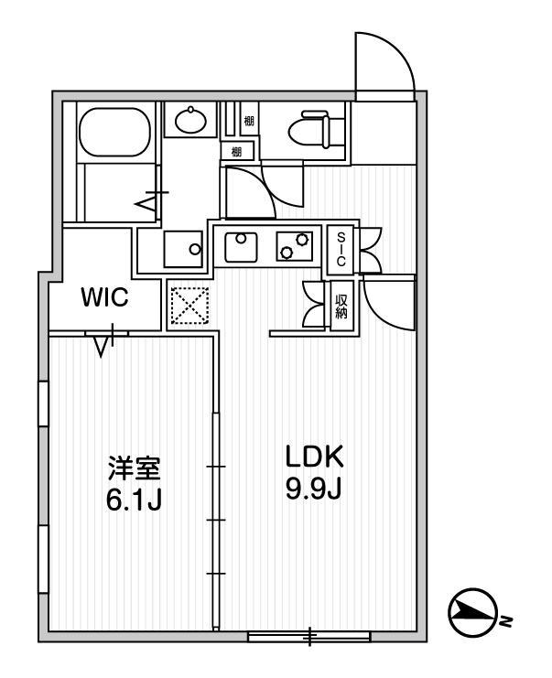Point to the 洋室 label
pyautogui.click(x=135, y=469)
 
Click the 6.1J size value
pyautogui.click(x=135, y=501)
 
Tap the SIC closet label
pyautogui.click(x=341, y=247)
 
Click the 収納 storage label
pyautogui.click(x=341, y=306)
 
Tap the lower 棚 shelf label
pyautogui.click(x=236, y=151)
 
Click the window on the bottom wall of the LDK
pyautogui.click(x=308, y=634)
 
